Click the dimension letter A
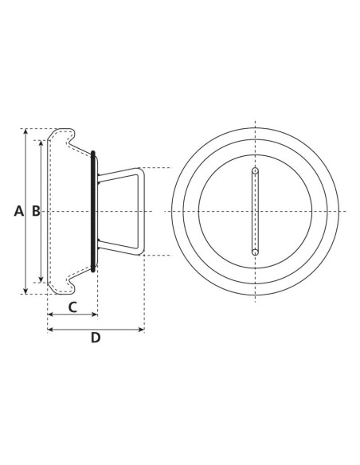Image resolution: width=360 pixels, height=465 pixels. [19, 211]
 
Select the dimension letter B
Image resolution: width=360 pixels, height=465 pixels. [35, 211]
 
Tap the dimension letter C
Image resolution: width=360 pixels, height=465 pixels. [72, 306]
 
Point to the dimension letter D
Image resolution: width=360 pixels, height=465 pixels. [96, 337]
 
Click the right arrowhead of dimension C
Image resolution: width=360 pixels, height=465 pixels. [94, 315]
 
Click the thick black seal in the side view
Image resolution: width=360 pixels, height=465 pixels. [94, 211]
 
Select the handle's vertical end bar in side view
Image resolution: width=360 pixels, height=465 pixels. [142, 211]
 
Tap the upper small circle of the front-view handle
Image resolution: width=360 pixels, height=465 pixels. [255, 170]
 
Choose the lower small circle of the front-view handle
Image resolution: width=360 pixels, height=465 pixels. [255, 252]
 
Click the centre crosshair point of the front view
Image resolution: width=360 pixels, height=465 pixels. [255, 211]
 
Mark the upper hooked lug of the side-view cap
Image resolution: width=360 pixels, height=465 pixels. [68, 140]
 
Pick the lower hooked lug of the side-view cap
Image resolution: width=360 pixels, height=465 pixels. [68, 282]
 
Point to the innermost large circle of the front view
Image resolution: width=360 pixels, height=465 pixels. [255, 154]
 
